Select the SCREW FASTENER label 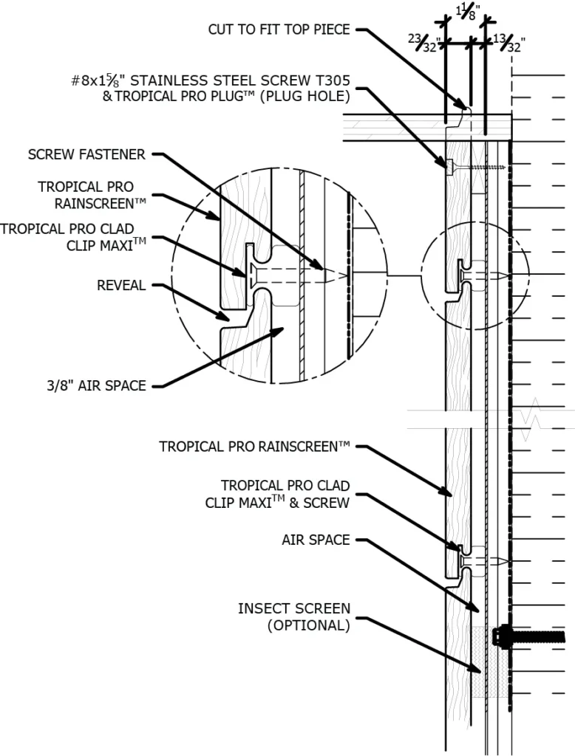[x=86, y=154]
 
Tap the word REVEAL [x=121, y=286]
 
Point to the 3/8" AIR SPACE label [x=93, y=385]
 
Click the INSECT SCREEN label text [x=293, y=609]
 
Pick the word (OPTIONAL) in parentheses [x=307, y=625]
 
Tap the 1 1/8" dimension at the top [x=468, y=12]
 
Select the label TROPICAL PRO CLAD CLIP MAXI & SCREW [x=285, y=494]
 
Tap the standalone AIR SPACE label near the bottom [x=316, y=540]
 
